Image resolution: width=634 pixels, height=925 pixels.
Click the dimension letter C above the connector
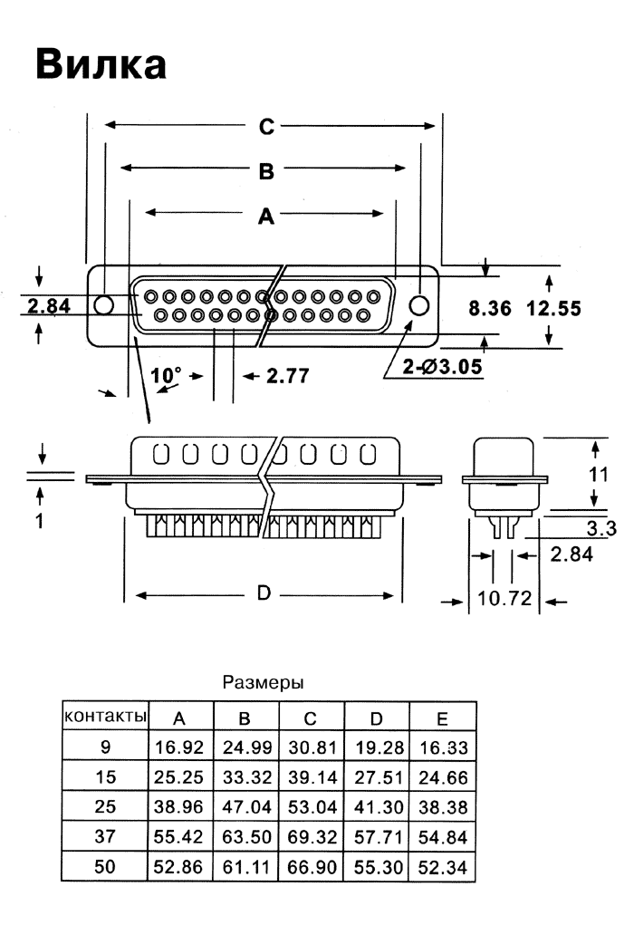click(265, 128)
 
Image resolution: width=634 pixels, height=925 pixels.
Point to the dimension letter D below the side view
click(264, 593)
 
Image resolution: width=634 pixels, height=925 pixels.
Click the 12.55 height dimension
click(553, 308)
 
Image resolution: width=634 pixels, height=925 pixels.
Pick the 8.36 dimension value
click(490, 308)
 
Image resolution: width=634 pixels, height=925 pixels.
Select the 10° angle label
click(167, 373)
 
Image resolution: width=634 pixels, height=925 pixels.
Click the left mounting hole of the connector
click(105, 304)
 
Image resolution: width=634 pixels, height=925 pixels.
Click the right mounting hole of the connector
click(418, 304)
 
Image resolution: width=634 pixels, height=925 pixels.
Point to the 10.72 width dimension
click(504, 599)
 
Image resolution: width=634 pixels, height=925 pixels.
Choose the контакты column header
click(104, 717)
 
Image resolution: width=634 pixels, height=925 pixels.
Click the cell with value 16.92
click(179, 748)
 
